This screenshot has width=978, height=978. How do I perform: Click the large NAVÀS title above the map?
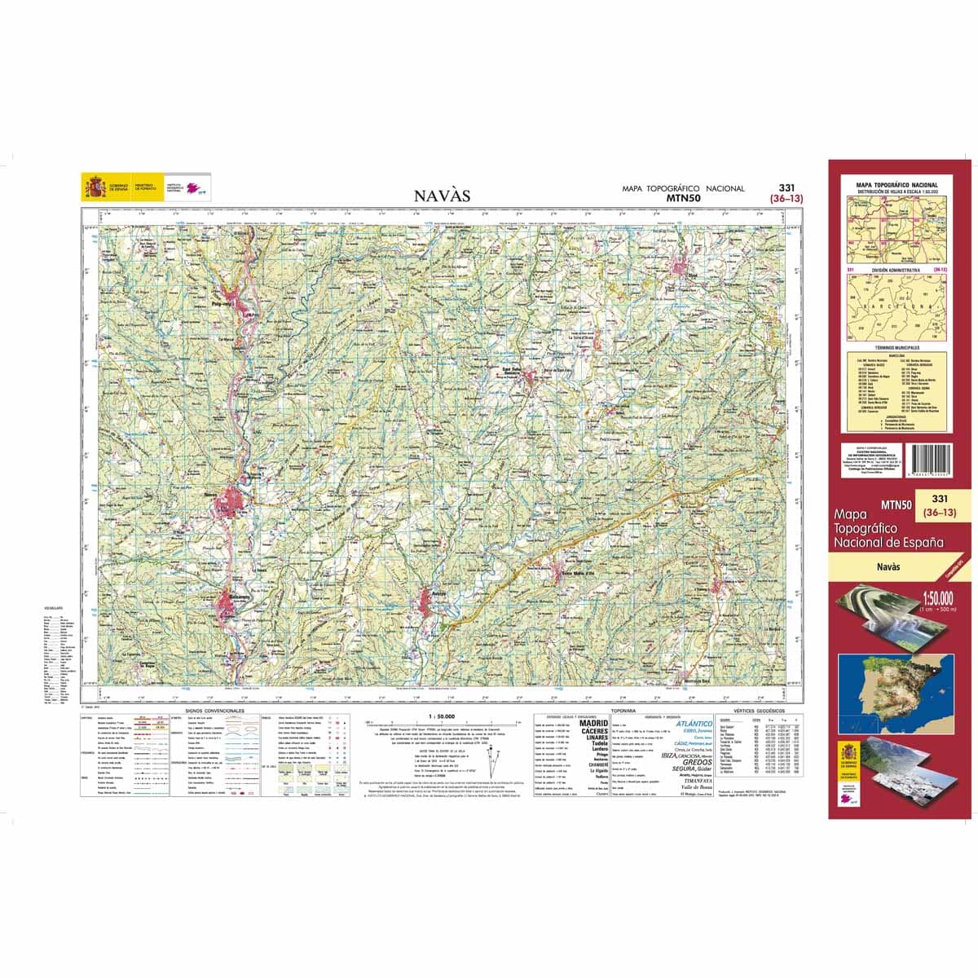coord(442,196)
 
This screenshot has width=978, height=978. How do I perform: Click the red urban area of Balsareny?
coord(227,603)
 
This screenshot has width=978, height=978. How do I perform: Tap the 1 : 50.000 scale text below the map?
coord(441,716)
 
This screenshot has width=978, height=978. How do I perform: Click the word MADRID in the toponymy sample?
coord(593,723)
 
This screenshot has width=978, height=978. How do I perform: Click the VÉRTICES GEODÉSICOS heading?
coord(757,711)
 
